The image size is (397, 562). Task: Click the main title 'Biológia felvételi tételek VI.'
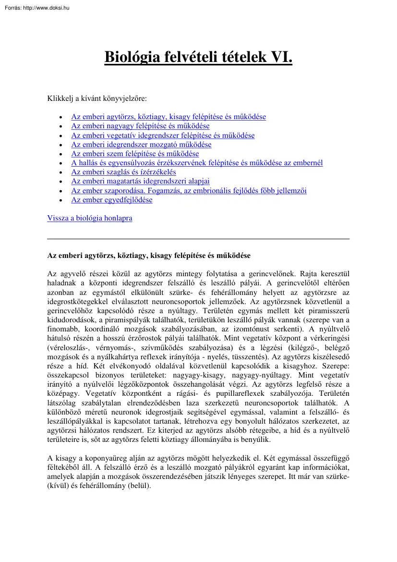pyautogui.click(x=198, y=57)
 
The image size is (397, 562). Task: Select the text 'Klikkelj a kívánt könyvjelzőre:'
pyautogui.click(x=97, y=98)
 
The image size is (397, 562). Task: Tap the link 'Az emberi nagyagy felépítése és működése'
pyautogui.click(x=140, y=126)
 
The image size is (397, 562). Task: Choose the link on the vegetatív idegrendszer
pyautogui.click(x=163, y=135)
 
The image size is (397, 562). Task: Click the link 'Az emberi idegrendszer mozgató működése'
pyautogui.click(x=141, y=145)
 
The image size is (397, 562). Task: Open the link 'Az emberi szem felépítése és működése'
pyautogui.click(x=135, y=154)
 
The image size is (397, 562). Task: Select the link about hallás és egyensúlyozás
pyautogui.click(x=197, y=163)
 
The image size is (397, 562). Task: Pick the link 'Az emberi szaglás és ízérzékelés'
pyautogui.click(x=123, y=172)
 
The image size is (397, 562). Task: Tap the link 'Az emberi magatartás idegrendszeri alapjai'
pyautogui.click(x=140, y=182)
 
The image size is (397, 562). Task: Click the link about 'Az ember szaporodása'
pyautogui.click(x=189, y=191)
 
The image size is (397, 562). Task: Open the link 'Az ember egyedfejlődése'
pyautogui.click(x=112, y=200)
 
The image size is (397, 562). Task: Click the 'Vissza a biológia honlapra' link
pyautogui.click(x=90, y=218)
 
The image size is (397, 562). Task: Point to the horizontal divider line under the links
pyautogui.click(x=198, y=239)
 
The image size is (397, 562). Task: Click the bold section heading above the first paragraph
pyautogui.click(x=148, y=256)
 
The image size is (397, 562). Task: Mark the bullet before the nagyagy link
pyautogui.click(x=60, y=127)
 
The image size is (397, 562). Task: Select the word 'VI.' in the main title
pyautogui.click(x=281, y=57)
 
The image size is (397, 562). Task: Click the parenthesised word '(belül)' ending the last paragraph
pyautogui.click(x=139, y=486)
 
